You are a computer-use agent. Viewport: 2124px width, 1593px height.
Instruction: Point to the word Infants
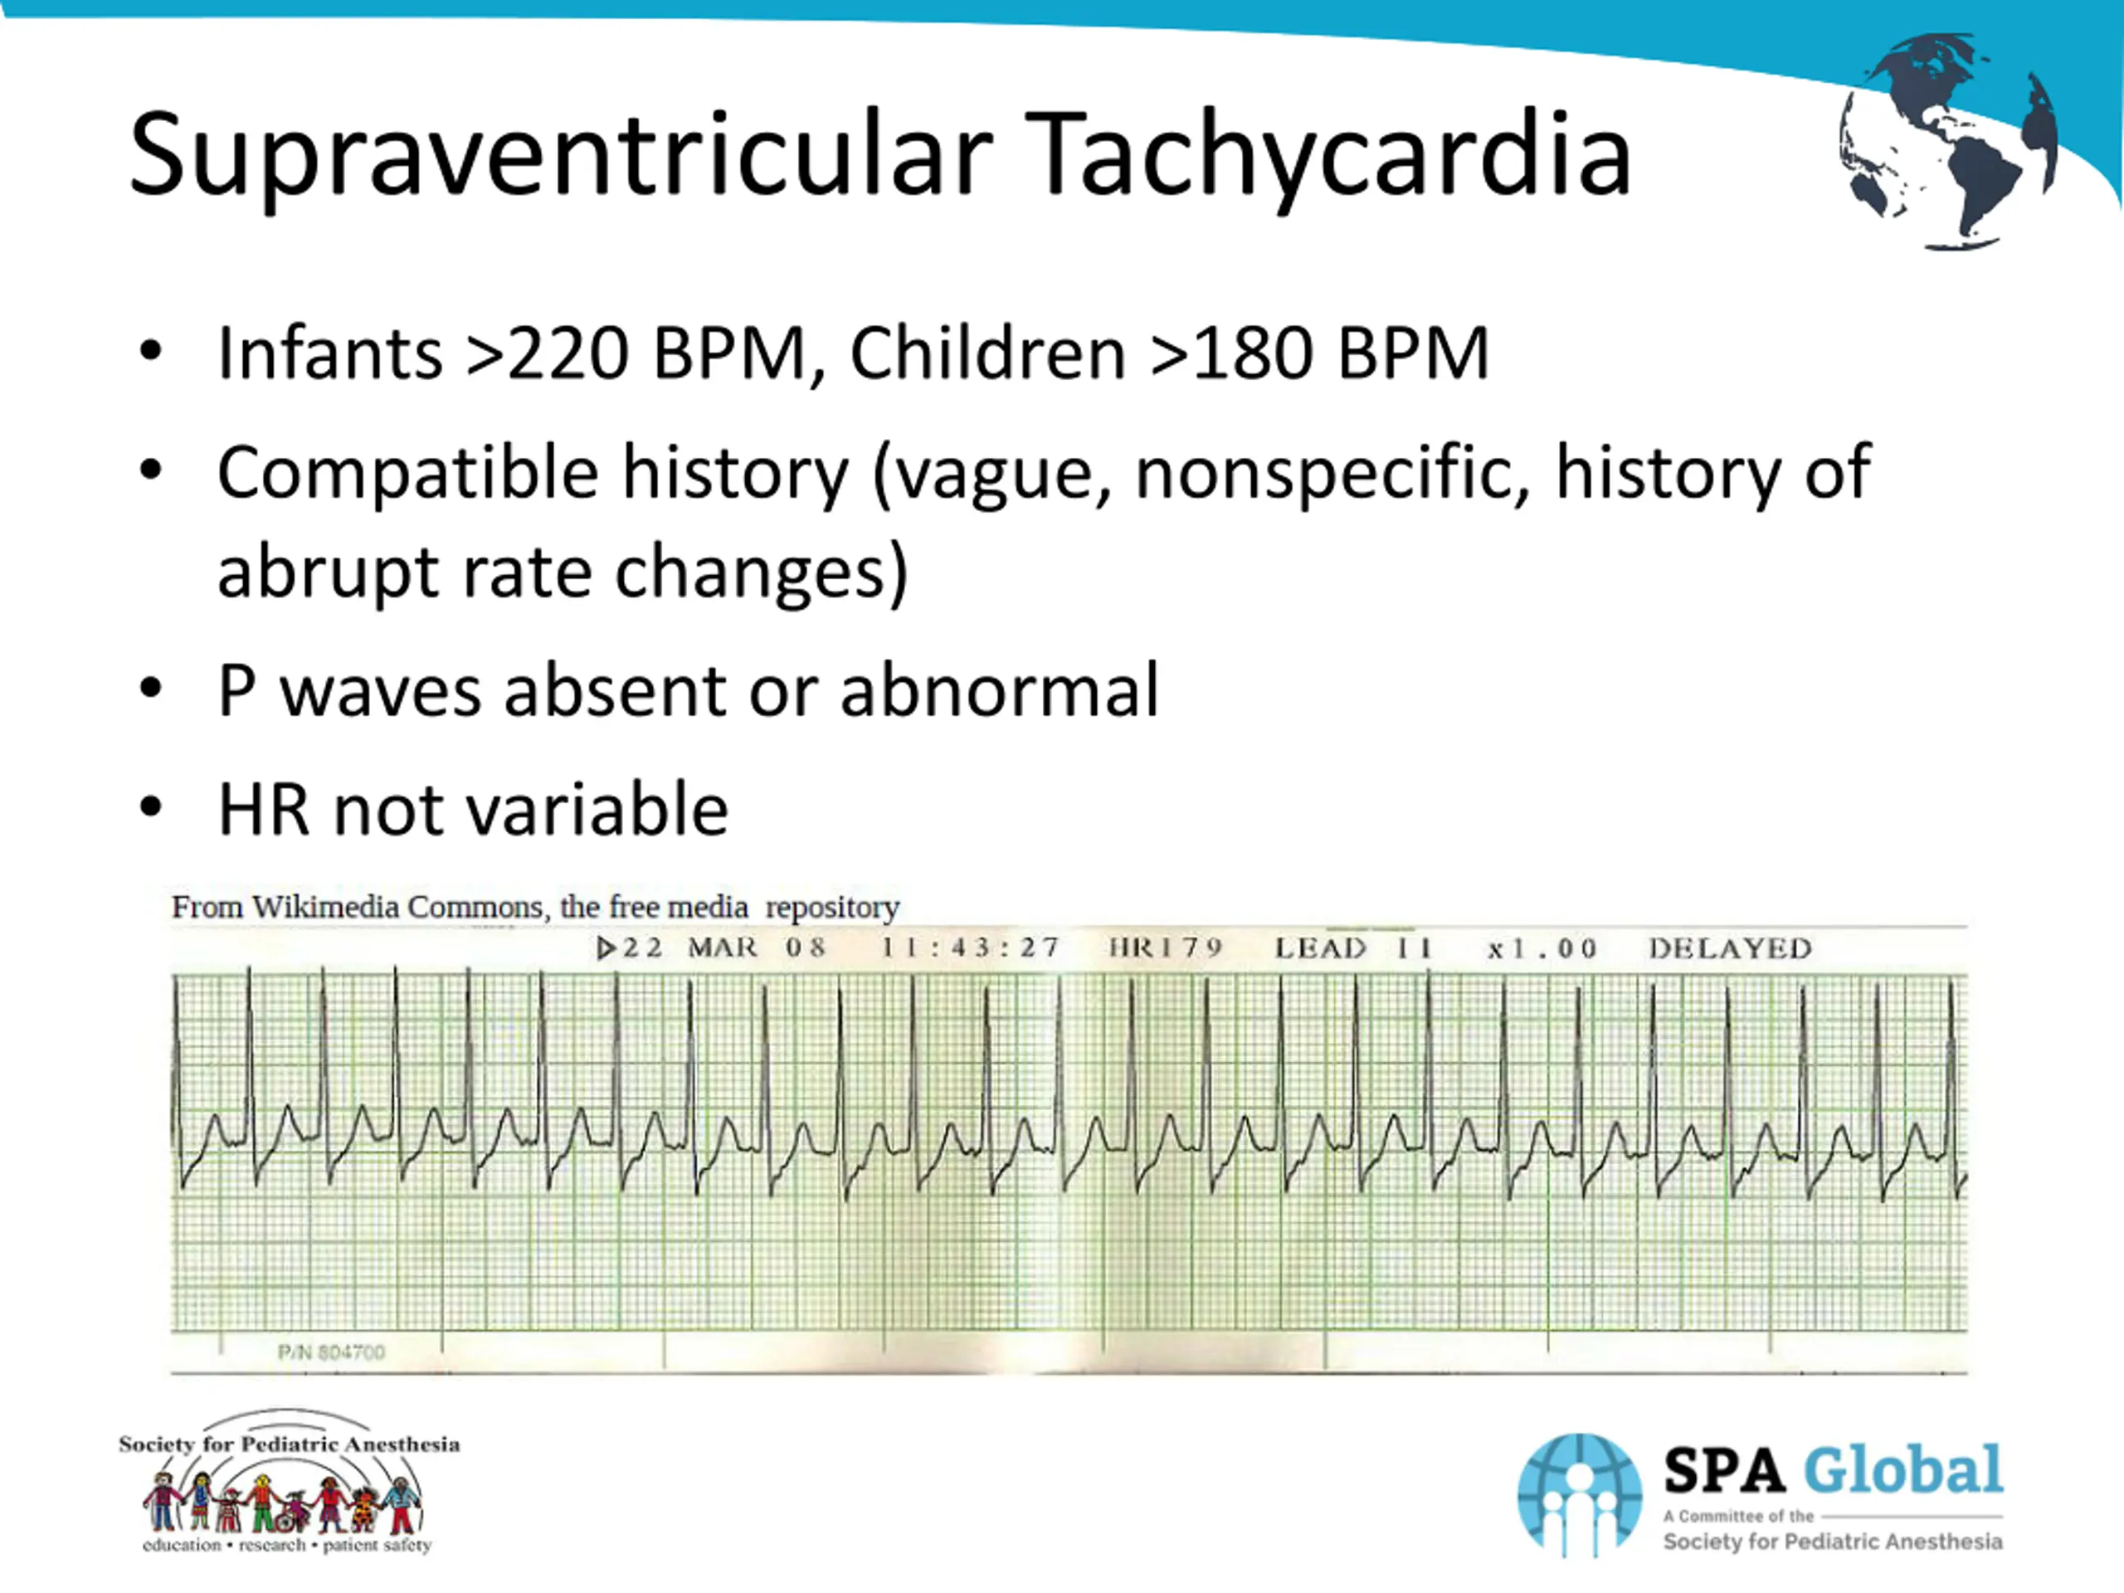[329, 353]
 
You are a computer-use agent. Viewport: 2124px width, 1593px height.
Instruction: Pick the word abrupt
[326, 573]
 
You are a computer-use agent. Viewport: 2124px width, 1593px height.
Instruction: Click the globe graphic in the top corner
[1949, 141]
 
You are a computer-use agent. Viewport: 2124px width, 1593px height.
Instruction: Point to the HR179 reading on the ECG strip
[1166, 948]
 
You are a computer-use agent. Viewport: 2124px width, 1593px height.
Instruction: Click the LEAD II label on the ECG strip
[1354, 948]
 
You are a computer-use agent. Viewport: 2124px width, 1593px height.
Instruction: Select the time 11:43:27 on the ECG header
[970, 948]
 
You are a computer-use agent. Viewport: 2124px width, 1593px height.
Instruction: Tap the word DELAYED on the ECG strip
[1730, 948]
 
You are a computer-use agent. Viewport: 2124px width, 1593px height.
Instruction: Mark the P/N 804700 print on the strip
[331, 1352]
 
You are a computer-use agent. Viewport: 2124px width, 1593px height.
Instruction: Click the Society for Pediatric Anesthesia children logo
[289, 1481]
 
